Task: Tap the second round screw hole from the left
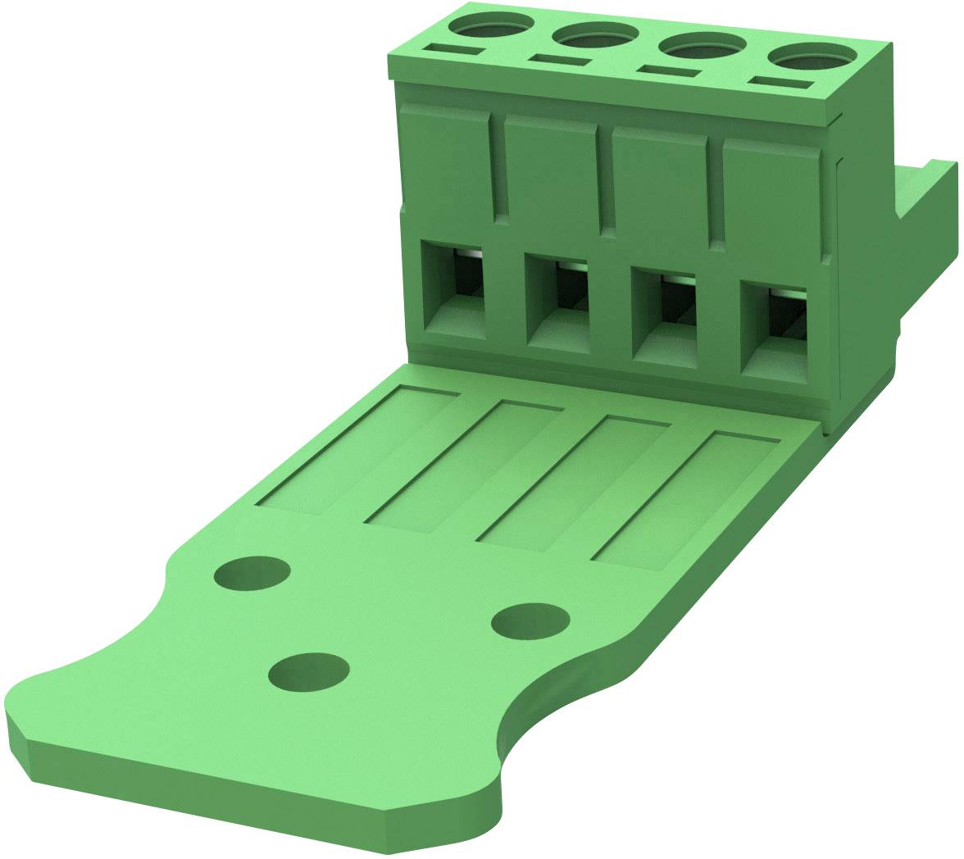coord(595,35)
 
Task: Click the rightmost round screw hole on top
coord(807,57)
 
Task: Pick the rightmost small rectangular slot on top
coord(781,83)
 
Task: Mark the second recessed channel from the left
coord(463,467)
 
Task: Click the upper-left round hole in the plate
coord(252,572)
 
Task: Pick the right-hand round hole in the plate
coord(530,620)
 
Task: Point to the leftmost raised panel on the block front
coord(446,160)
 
